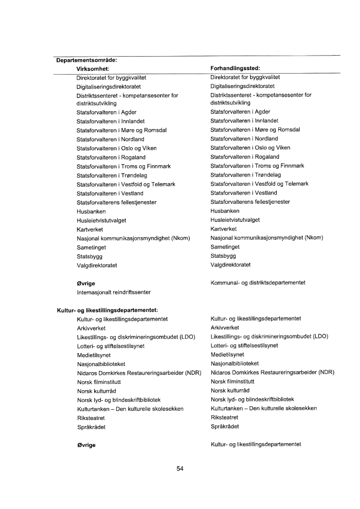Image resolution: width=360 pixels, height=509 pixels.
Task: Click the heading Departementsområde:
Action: pos(86,60)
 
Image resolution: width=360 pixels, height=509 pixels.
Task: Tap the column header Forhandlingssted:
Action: pos(235,68)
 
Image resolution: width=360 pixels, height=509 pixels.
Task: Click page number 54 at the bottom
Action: pos(180,468)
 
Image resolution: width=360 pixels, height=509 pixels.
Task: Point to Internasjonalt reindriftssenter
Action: pos(114,292)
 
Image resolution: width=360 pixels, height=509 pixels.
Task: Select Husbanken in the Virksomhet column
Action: pos(91,211)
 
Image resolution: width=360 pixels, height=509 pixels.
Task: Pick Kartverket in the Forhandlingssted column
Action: pos(224,229)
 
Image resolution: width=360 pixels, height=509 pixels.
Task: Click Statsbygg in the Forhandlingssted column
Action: pos(223,256)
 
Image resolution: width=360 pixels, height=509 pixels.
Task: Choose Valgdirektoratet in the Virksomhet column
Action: pos(97,265)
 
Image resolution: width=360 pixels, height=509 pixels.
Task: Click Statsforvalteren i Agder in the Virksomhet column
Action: pos(106,112)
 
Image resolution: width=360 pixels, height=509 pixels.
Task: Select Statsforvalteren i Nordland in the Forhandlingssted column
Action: pos(244,139)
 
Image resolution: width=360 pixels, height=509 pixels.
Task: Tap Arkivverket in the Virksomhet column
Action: pos(92,327)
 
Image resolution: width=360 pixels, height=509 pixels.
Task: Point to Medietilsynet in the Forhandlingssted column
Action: pos(227,355)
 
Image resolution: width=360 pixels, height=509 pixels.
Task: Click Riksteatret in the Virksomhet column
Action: pos(91,418)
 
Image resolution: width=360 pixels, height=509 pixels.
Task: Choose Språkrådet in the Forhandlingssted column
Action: pos(225,427)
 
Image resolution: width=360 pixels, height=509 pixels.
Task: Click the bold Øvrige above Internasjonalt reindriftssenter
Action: pos(86,283)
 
